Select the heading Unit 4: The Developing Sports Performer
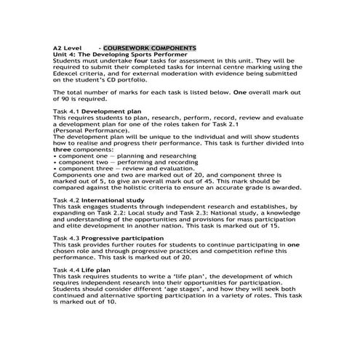(121, 55)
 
